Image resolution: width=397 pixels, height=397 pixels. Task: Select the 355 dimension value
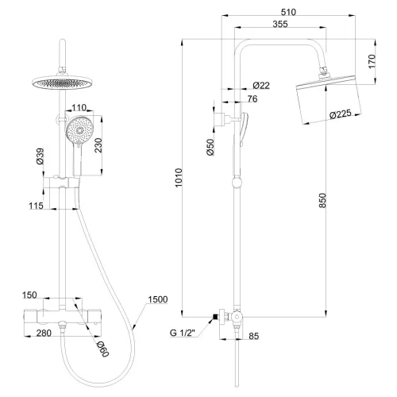[279, 25]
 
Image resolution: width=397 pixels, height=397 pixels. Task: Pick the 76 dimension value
[252, 98]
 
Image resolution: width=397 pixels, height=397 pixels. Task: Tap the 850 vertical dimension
[322, 202]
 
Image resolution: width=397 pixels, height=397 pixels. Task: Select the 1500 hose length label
[157, 300]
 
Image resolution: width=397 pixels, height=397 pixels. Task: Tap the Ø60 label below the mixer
[101, 348]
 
